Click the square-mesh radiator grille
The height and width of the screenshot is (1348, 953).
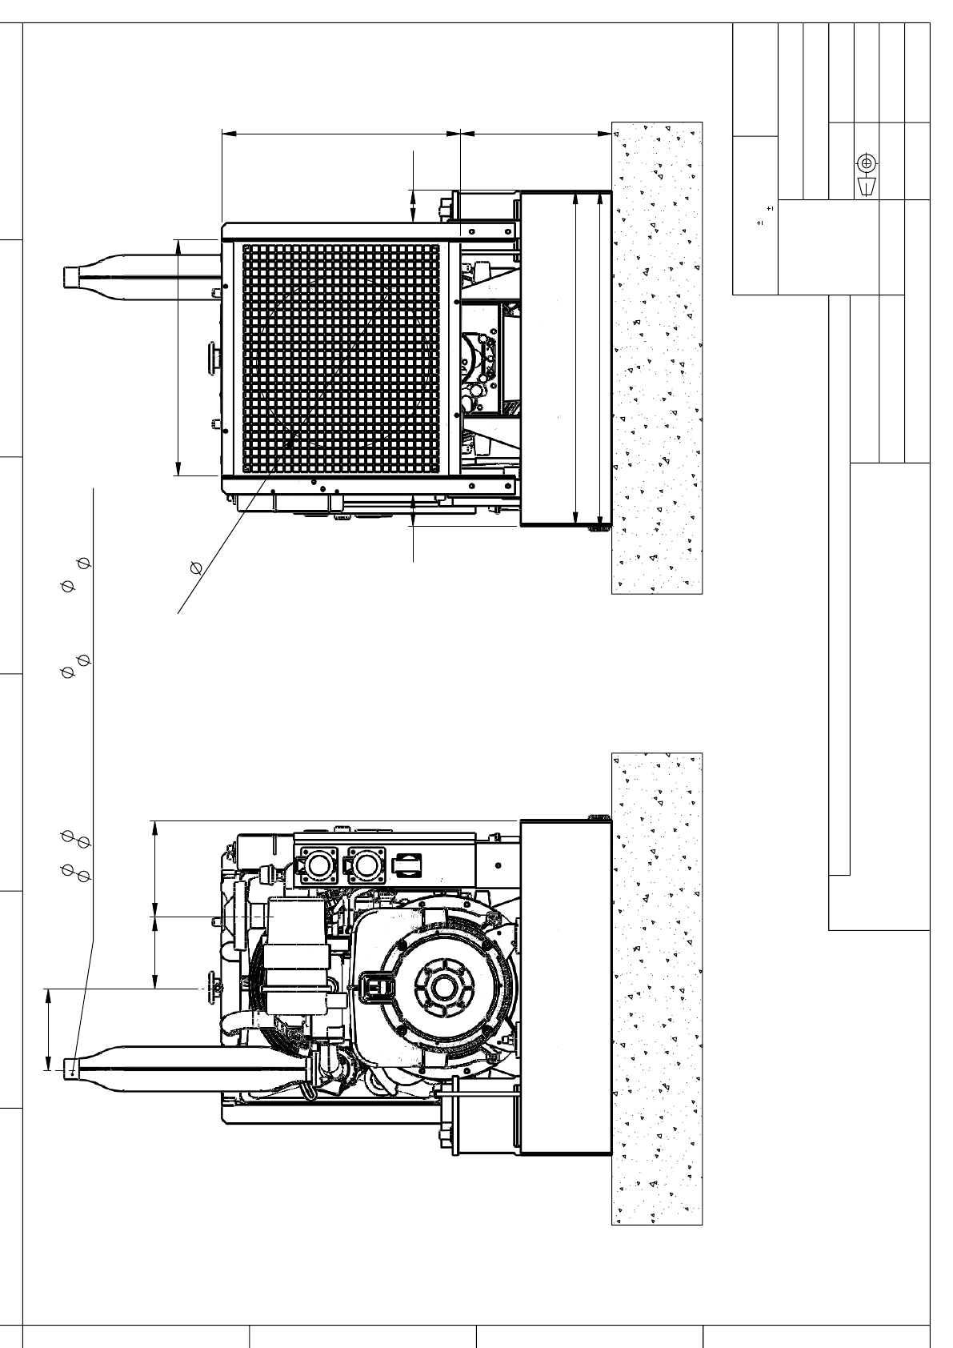tap(341, 357)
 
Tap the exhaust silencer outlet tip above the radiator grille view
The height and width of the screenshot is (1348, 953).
tap(71, 276)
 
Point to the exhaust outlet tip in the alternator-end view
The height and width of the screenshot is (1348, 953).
tap(71, 1066)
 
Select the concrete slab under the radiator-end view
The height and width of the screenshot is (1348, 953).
tap(656, 357)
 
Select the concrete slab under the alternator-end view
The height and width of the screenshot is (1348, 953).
tap(656, 988)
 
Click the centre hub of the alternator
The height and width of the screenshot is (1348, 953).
tap(442, 988)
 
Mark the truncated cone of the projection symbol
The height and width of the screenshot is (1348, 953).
tap(866, 187)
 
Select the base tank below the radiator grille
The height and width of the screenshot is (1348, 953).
tap(566, 359)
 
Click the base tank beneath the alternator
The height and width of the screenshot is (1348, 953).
tap(566, 988)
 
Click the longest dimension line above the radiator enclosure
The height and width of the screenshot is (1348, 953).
tap(340, 133)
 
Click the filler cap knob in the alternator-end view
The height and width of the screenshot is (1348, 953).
tap(214, 989)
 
